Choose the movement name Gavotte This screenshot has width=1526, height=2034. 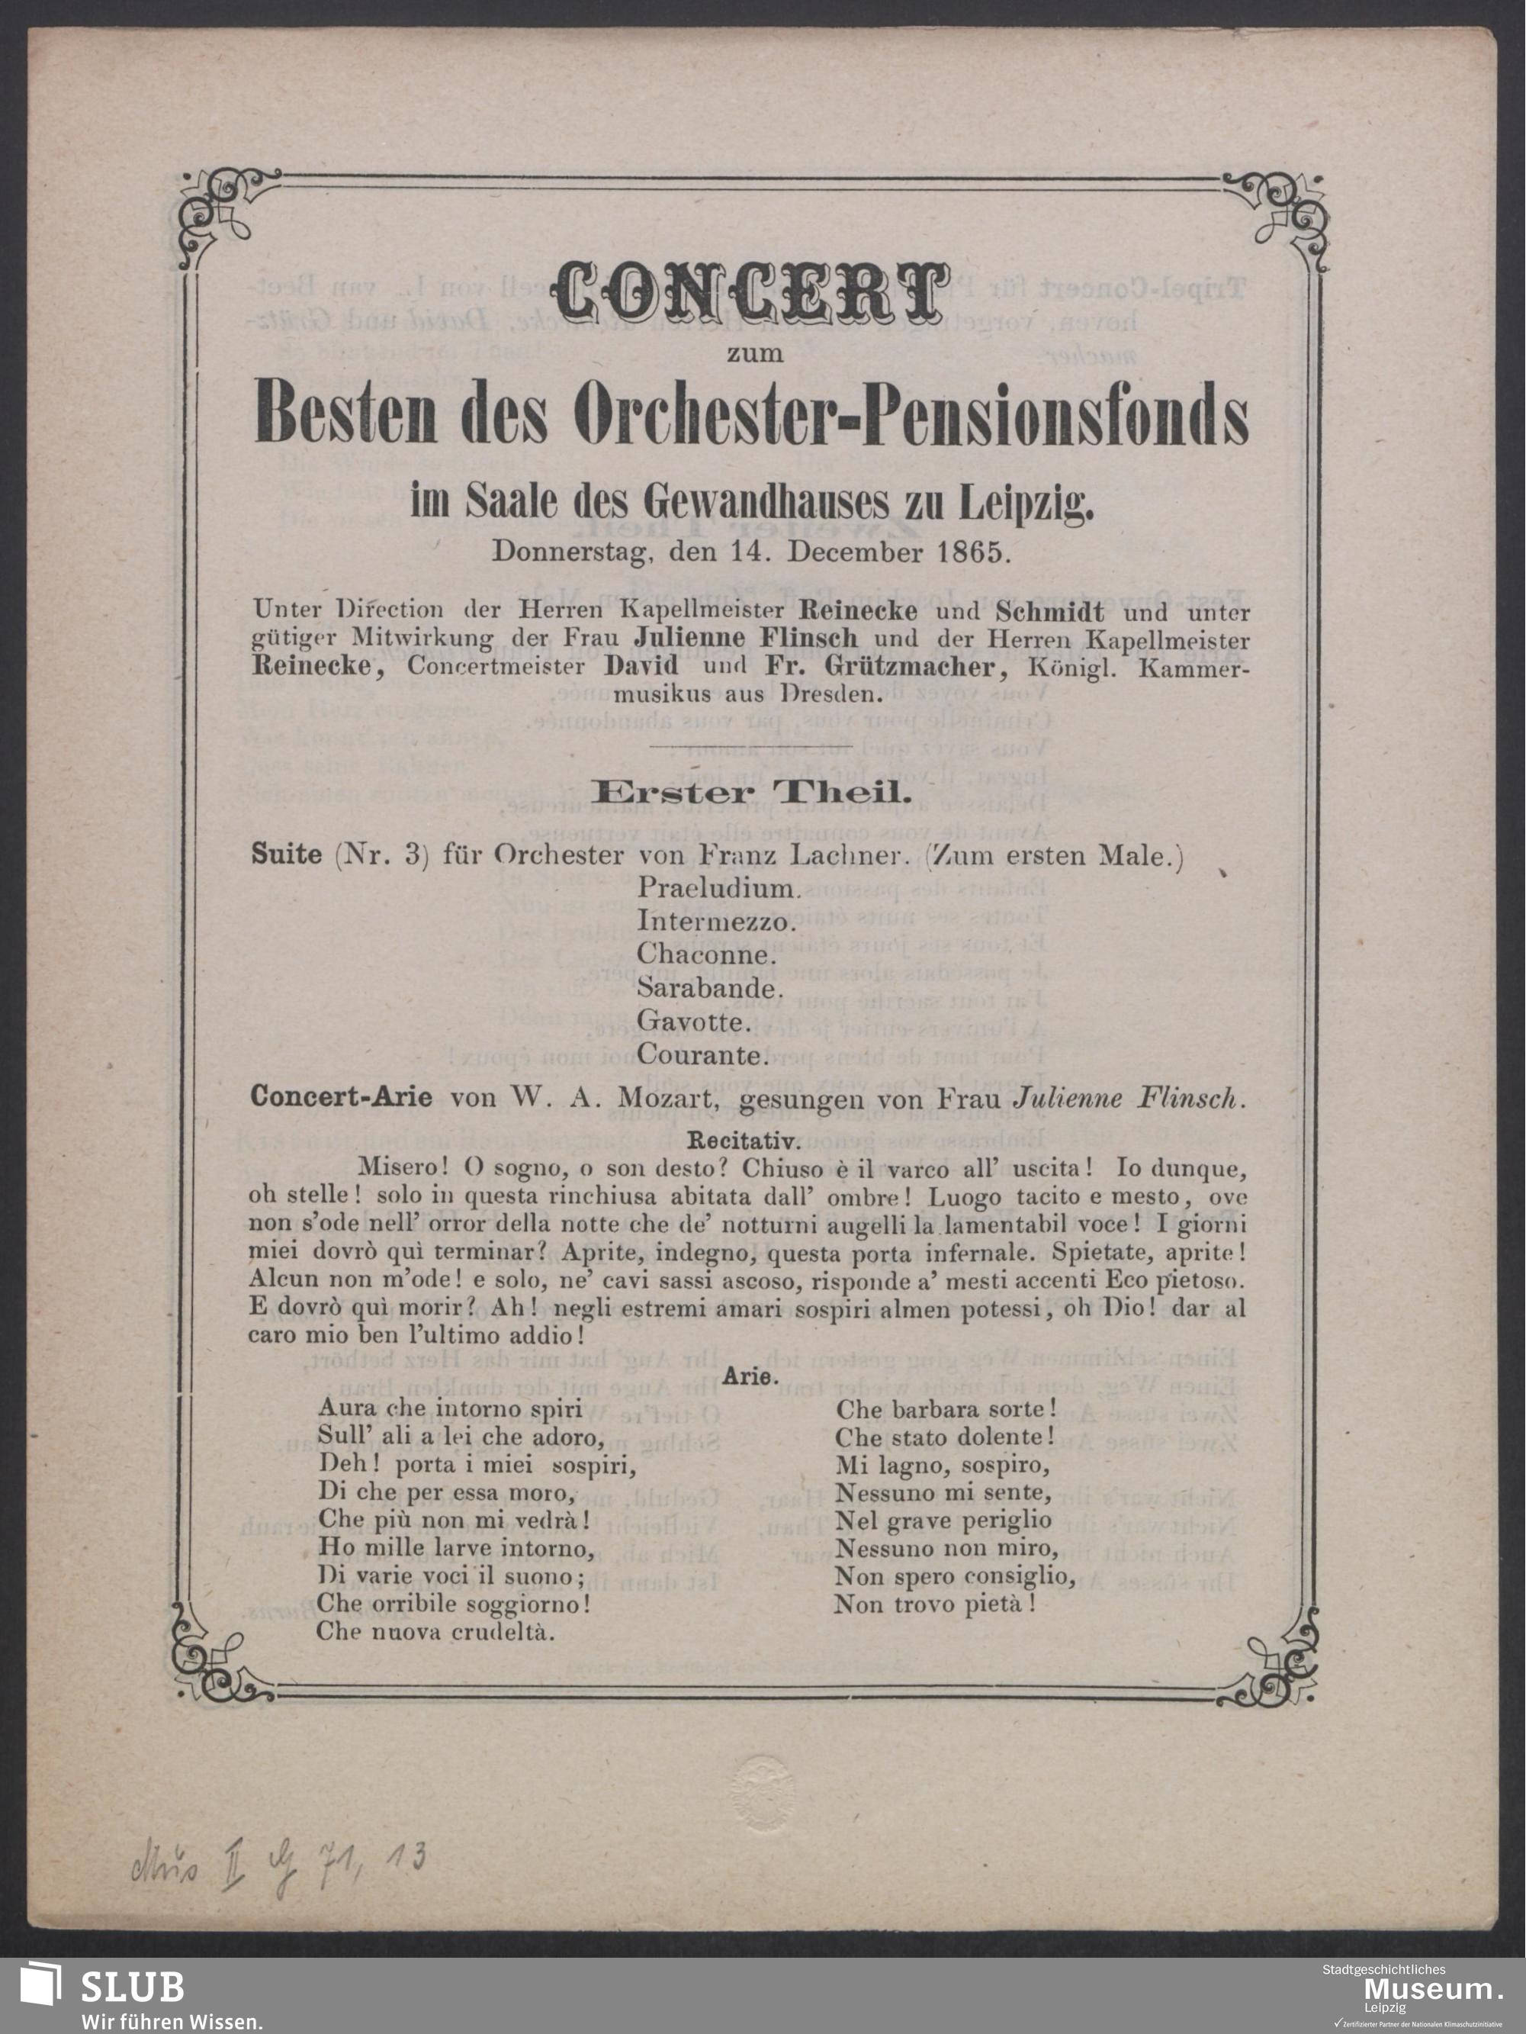(693, 1022)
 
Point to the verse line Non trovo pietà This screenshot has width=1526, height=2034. (936, 1605)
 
